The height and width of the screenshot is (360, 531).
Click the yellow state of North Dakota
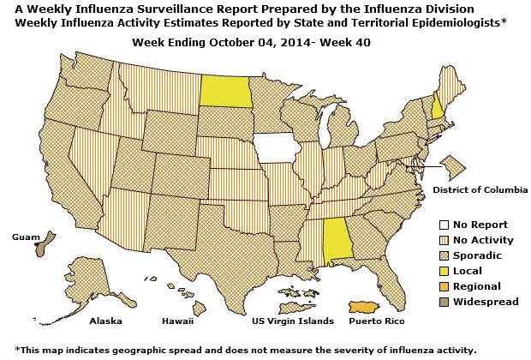[229, 92]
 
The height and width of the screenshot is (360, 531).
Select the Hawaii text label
[178, 321]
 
